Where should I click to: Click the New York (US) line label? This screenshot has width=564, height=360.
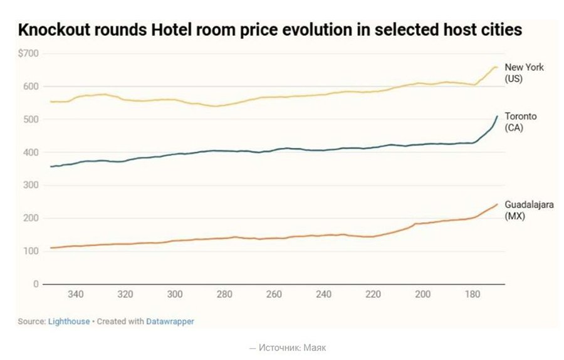[516, 73]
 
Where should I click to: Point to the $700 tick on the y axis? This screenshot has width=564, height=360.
[28, 54]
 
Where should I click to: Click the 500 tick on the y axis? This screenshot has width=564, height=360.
[31, 120]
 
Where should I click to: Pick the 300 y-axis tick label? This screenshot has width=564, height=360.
[31, 186]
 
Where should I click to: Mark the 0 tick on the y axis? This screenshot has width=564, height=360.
[36, 284]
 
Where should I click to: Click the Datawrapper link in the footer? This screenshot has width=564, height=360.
[170, 321]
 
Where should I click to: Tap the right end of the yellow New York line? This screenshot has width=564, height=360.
[497, 67]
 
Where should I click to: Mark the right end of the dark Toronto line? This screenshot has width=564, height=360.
[498, 116]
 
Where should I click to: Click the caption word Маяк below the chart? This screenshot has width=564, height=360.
[316, 347]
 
